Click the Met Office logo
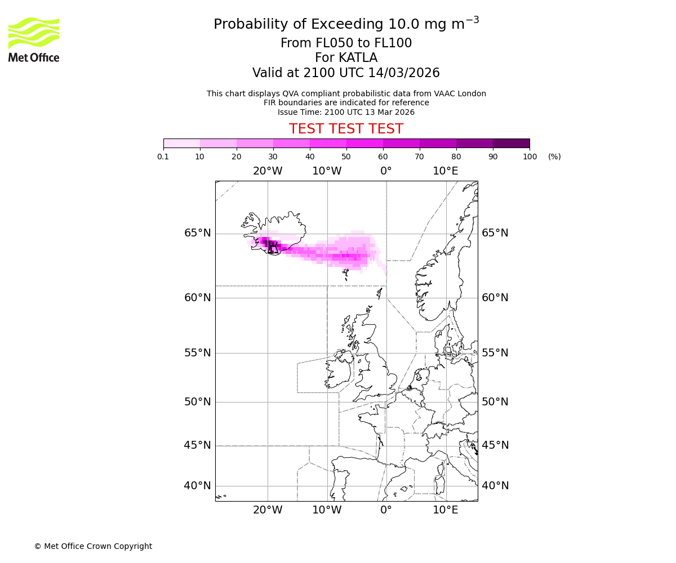point(34,39)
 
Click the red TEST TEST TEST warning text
point(346,129)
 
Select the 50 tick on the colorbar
point(346,157)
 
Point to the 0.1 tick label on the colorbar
point(163,157)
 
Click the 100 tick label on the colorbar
point(530,157)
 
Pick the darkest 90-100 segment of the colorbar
point(511,143)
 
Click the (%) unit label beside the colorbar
point(554,157)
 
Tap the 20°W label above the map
point(268,171)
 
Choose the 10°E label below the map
point(445,510)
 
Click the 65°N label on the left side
point(197,233)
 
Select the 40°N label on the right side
point(495,486)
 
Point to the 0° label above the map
point(386,171)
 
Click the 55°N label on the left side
point(197,353)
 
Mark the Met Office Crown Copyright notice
point(93,546)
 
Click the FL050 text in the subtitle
point(323,43)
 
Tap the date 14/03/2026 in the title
point(404,73)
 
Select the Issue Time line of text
point(346,112)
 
